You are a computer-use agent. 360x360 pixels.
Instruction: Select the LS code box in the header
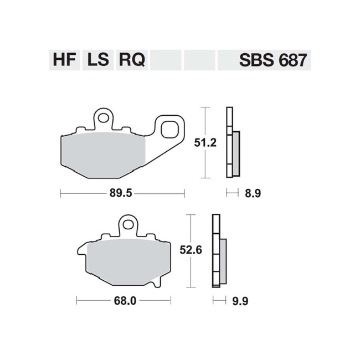(98, 60)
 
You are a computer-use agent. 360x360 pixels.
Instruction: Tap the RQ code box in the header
(131, 60)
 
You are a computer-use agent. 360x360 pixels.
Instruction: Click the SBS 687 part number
(272, 60)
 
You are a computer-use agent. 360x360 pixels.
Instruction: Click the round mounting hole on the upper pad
(103, 117)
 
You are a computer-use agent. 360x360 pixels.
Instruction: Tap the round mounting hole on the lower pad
(128, 225)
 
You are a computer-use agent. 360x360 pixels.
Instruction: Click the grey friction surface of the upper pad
(104, 155)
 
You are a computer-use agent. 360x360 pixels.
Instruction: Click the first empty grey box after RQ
(166, 60)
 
